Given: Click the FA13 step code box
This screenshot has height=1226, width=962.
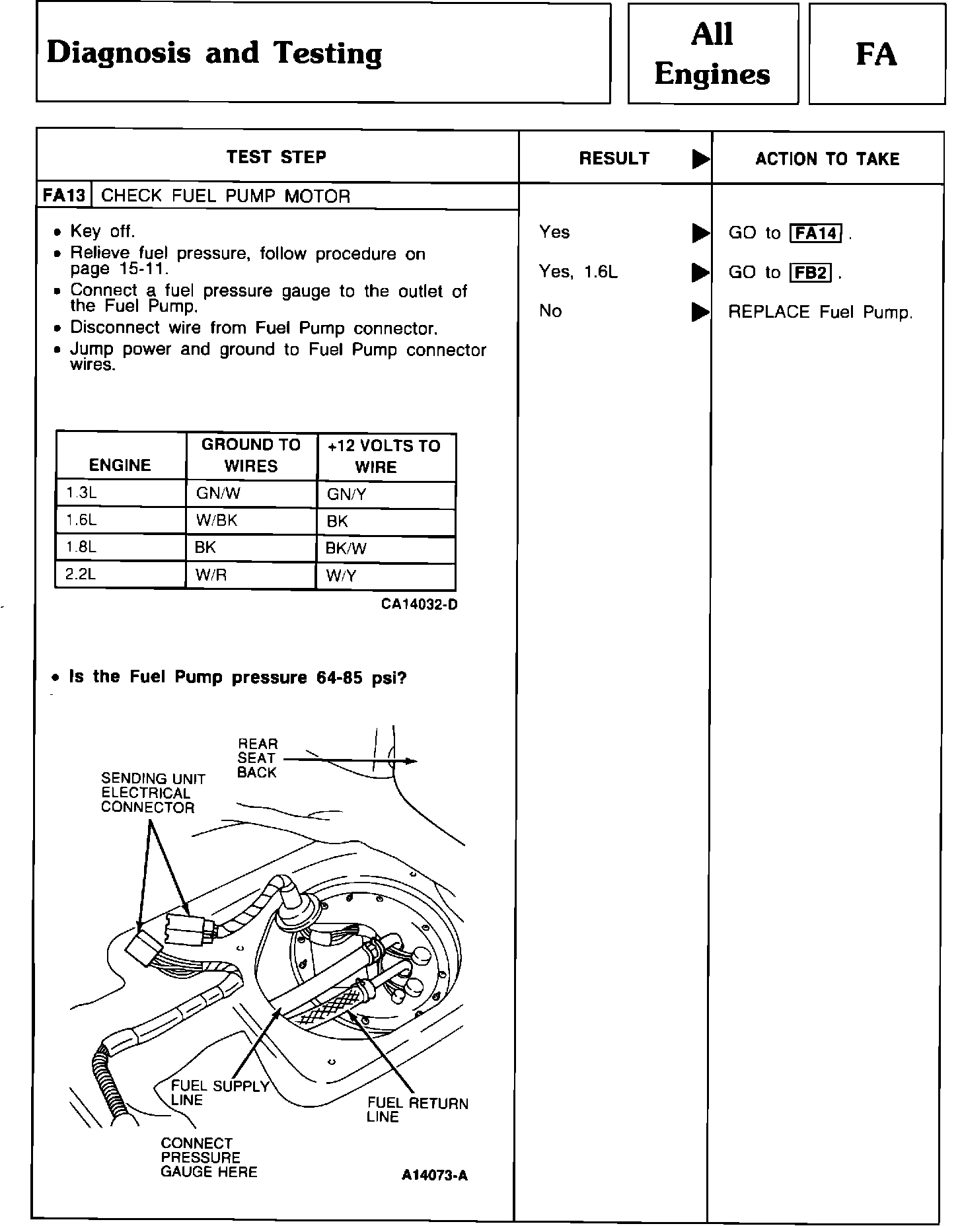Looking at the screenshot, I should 64,196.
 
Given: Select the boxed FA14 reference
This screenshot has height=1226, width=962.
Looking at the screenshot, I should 816,233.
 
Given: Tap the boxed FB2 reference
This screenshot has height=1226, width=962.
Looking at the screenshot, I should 811,273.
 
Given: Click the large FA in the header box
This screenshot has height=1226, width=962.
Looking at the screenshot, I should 876,54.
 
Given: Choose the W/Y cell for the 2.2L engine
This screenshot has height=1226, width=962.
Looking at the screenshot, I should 341,576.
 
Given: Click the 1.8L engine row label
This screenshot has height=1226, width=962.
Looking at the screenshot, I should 81,548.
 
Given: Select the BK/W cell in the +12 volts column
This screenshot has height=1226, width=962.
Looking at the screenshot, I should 346,548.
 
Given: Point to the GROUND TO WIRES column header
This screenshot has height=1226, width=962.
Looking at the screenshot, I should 251,455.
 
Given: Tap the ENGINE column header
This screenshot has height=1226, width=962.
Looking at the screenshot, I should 120,465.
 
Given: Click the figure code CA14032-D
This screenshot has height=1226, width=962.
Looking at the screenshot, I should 419,604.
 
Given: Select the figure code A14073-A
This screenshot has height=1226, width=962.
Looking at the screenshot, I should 434,1175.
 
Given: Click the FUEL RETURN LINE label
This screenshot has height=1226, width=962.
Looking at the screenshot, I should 417,1110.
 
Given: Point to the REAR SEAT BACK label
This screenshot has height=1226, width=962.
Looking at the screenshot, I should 258,758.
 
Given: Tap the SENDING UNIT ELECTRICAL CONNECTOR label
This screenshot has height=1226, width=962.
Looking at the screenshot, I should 153,793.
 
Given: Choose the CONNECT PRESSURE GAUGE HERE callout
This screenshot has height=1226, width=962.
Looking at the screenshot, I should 209,1157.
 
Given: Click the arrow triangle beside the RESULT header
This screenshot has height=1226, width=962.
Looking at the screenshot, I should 700,159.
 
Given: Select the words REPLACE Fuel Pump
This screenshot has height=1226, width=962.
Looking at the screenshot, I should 820,312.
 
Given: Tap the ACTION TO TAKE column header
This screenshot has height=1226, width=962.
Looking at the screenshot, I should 827,159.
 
